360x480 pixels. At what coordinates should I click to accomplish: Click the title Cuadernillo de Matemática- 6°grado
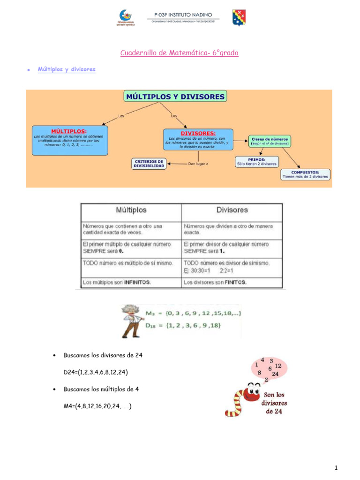pyautogui.click(x=179, y=53)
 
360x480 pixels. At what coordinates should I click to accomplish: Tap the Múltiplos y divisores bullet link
pyautogui.click(x=67, y=69)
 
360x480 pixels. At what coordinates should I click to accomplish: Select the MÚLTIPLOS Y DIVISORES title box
pyautogui.click(x=175, y=97)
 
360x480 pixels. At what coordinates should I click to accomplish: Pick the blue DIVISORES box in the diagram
pyautogui.click(x=198, y=140)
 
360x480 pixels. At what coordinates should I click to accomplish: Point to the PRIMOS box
pyautogui.click(x=256, y=161)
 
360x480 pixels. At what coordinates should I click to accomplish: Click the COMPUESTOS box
pyautogui.click(x=306, y=174)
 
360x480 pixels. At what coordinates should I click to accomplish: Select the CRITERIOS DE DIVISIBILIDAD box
pyautogui.click(x=149, y=163)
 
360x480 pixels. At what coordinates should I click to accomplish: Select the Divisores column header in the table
pyautogui.click(x=232, y=210)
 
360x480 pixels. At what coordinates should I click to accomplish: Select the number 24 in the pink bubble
pyautogui.click(x=275, y=374)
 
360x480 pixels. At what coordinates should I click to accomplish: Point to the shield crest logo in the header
pyautogui.click(x=239, y=17)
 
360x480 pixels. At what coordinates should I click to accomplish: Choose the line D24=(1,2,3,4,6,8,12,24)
pyautogui.click(x=96, y=372)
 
